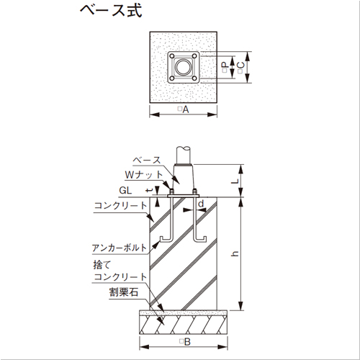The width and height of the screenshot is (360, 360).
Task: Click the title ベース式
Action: [111, 11]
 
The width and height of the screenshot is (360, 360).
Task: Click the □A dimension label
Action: [183, 109]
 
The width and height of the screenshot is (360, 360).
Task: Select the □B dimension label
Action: [185, 342]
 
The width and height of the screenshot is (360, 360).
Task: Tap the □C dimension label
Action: [240, 68]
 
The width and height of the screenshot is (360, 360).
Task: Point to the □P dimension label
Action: [225, 67]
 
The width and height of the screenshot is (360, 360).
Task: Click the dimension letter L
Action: [235, 181]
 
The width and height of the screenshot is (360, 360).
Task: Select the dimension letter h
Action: [235, 253]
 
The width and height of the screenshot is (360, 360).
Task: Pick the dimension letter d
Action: [201, 203]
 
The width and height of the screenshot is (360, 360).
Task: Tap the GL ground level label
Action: [125, 191]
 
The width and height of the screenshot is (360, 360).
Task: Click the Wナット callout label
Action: [144, 175]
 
